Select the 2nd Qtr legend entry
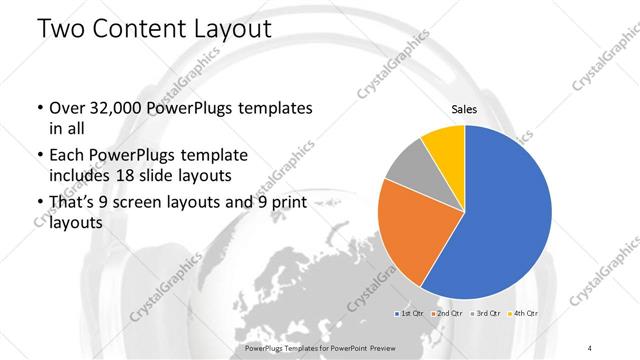click(446, 314)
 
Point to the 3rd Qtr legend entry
click(485, 314)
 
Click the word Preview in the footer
click(407, 347)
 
